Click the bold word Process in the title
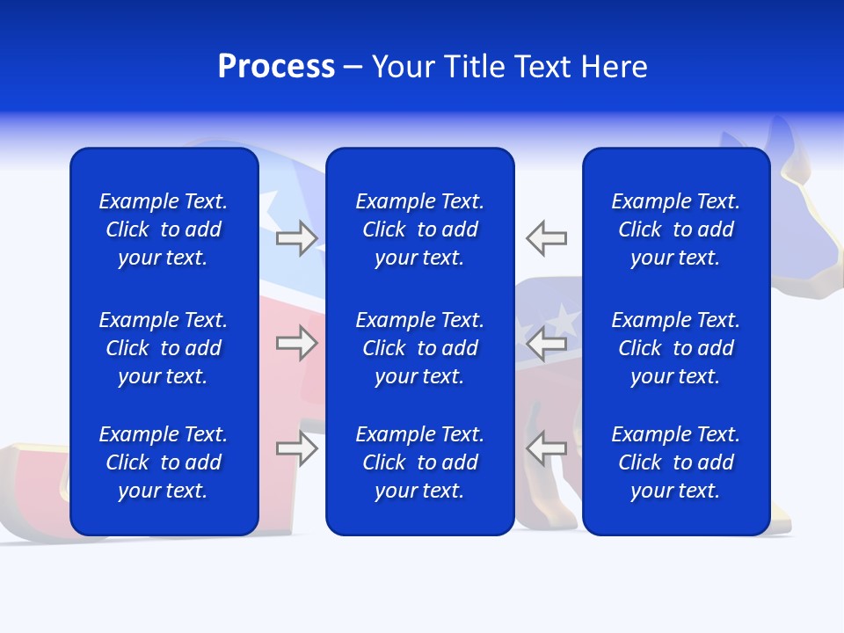[276, 67]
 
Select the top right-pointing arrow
[296, 238]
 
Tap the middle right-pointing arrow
[296, 343]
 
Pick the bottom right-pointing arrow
[296, 448]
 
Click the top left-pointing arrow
[547, 238]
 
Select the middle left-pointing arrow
[547, 343]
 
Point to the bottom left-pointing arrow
[547, 448]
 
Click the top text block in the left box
[164, 229]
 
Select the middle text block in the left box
[164, 348]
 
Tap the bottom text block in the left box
[164, 462]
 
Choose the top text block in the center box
[419, 229]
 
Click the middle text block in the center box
[419, 348]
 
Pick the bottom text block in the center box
[419, 462]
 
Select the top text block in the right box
[675, 229]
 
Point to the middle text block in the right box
[675, 348]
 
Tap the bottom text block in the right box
[675, 462]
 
